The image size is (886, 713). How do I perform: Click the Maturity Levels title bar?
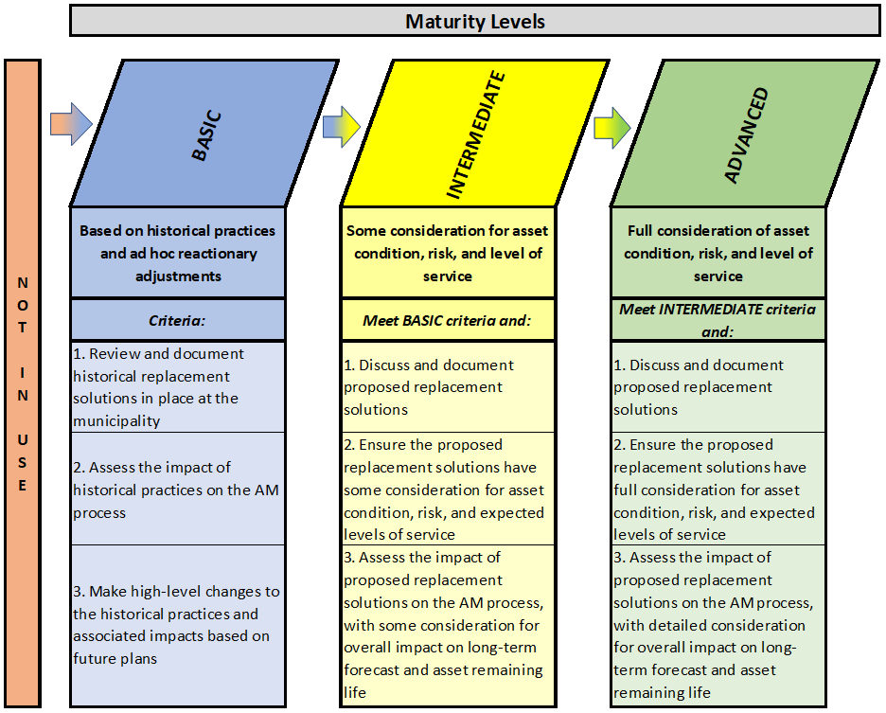click(x=474, y=21)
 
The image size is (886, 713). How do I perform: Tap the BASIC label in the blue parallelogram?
click(x=206, y=135)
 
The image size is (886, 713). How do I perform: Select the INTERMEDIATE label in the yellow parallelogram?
click(x=476, y=134)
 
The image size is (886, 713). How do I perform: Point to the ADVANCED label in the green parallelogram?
click(x=747, y=135)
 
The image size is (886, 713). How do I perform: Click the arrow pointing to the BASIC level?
click(x=71, y=124)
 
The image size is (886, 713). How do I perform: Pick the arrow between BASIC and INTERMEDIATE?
click(x=342, y=127)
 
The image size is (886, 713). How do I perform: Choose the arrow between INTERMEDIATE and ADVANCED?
click(x=611, y=129)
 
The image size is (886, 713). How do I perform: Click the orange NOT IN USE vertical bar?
click(x=23, y=383)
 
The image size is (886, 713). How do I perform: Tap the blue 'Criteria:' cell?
click(x=177, y=320)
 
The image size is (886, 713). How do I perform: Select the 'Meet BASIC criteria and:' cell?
click(x=448, y=320)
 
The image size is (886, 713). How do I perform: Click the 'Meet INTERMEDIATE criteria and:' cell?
click(x=718, y=320)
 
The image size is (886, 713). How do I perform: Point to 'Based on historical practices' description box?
click(x=177, y=253)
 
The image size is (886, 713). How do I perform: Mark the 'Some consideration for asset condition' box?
click(x=448, y=253)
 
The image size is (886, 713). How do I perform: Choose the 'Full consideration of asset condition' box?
click(x=718, y=253)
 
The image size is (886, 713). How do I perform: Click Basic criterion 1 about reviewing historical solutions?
click(x=177, y=387)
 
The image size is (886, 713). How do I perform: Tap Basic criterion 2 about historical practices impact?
click(x=177, y=490)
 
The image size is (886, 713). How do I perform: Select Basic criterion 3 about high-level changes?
click(x=177, y=625)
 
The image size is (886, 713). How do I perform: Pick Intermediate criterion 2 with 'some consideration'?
click(x=448, y=490)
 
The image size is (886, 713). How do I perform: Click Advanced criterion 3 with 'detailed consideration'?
click(x=718, y=625)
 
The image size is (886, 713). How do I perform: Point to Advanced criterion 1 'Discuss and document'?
click(x=718, y=387)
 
